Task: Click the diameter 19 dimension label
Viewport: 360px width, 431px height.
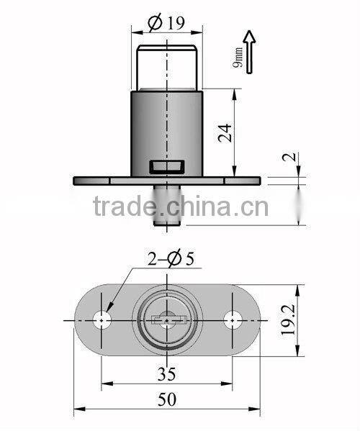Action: point(165,23)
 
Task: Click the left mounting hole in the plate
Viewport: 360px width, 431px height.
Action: point(105,319)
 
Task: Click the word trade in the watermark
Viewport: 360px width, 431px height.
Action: point(127,208)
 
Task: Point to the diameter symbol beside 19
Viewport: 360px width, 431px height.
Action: point(154,23)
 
